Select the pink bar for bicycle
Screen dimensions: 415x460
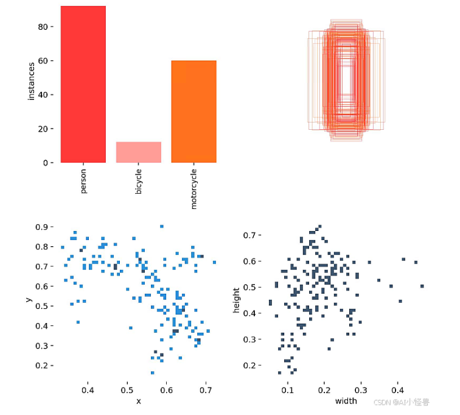click(139, 152)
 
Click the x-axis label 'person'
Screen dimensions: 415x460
click(84, 180)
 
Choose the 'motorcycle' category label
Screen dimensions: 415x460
click(194, 188)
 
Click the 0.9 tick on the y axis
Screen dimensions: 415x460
click(41, 227)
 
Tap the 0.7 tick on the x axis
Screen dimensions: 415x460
click(206, 389)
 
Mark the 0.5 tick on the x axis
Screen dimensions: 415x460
click(127, 389)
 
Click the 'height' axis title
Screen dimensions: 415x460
click(237, 300)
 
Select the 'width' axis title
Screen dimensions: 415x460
click(346, 401)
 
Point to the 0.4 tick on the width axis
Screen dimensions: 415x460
click(397, 389)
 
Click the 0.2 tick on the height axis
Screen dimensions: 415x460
click(248, 366)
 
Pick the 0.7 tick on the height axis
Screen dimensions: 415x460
click(248, 235)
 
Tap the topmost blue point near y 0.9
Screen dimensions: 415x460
click(162, 226)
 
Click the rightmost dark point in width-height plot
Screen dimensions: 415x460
click(422, 286)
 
